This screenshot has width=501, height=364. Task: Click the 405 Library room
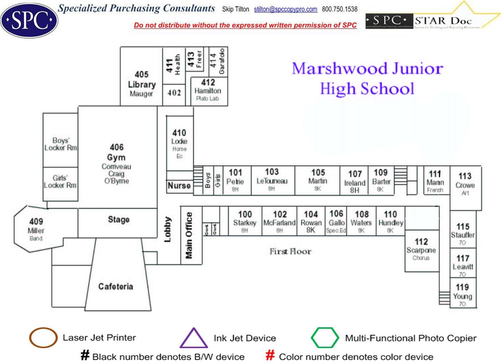(x=141, y=84)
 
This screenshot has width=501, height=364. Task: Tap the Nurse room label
(x=179, y=186)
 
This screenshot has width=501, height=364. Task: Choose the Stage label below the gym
(x=118, y=220)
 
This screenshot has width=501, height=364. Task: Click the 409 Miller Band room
(x=36, y=229)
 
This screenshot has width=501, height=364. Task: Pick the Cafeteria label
(x=116, y=287)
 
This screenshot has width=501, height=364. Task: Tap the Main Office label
(x=189, y=235)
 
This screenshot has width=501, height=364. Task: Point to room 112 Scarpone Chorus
(x=421, y=249)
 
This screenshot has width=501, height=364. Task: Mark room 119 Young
(x=462, y=295)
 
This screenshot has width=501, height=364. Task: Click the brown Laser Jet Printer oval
(x=43, y=338)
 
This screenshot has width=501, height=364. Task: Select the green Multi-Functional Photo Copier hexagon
(x=325, y=338)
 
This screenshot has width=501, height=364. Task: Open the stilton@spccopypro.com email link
(x=285, y=9)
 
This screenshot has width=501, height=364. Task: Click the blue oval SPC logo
(x=29, y=20)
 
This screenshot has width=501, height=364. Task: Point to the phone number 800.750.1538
(x=340, y=9)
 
